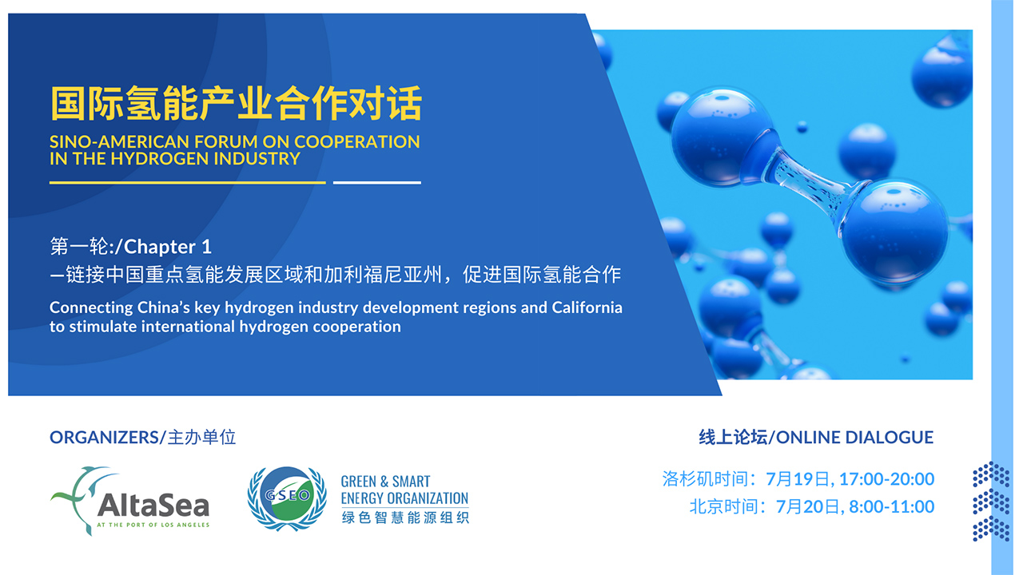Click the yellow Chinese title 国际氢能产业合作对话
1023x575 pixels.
pyautogui.click(x=236, y=103)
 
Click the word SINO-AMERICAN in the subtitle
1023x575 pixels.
pyautogui.click(x=120, y=142)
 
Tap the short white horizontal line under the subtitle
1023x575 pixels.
pyautogui.click(x=376, y=183)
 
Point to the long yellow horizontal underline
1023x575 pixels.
pyautogui.click(x=187, y=183)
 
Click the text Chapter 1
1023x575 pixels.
pyautogui.click(x=168, y=247)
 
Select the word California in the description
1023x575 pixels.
pyautogui.click(x=587, y=307)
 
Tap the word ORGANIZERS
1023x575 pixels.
pyautogui.click(x=104, y=437)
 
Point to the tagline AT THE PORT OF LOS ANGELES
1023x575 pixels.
pyautogui.click(x=153, y=525)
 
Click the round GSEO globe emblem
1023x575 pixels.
pyautogui.click(x=287, y=498)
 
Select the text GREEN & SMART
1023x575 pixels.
pyautogui.click(x=385, y=482)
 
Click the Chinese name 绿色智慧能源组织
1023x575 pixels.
pyautogui.click(x=405, y=517)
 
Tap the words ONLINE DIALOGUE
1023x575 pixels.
pyautogui.click(x=854, y=437)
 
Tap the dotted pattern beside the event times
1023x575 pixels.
pyautogui.click(x=991, y=502)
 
